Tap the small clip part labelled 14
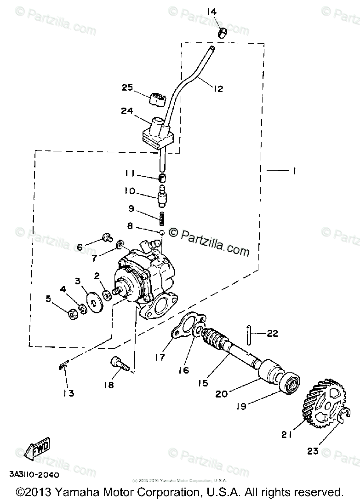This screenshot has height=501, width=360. click(222, 33)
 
